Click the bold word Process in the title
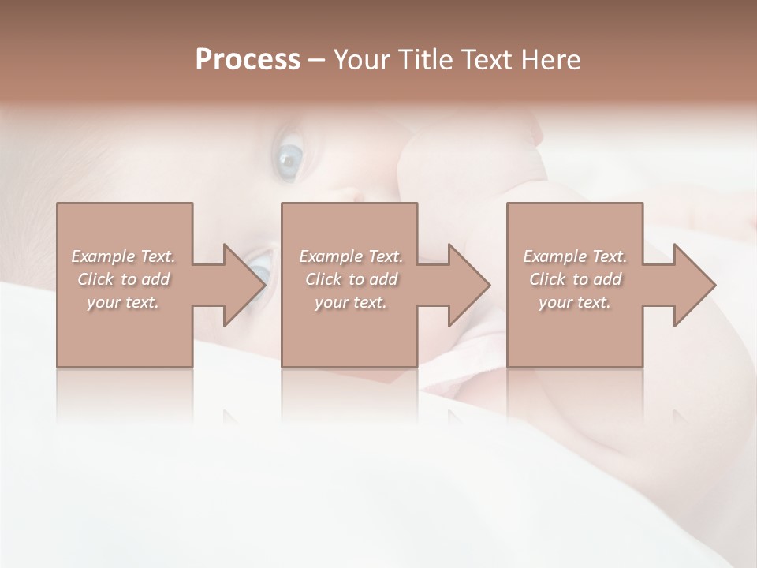click(x=248, y=60)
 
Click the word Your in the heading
click(x=360, y=60)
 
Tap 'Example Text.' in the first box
click(x=124, y=256)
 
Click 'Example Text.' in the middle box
click(x=351, y=256)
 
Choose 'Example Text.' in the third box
click(x=575, y=256)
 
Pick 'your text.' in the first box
click(x=124, y=302)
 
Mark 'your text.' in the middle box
click(x=351, y=302)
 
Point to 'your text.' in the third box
click(x=575, y=302)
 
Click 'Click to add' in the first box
click(x=124, y=279)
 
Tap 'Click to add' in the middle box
click(x=351, y=279)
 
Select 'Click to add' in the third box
click(x=575, y=279)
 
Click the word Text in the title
click(x=485, y=60)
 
